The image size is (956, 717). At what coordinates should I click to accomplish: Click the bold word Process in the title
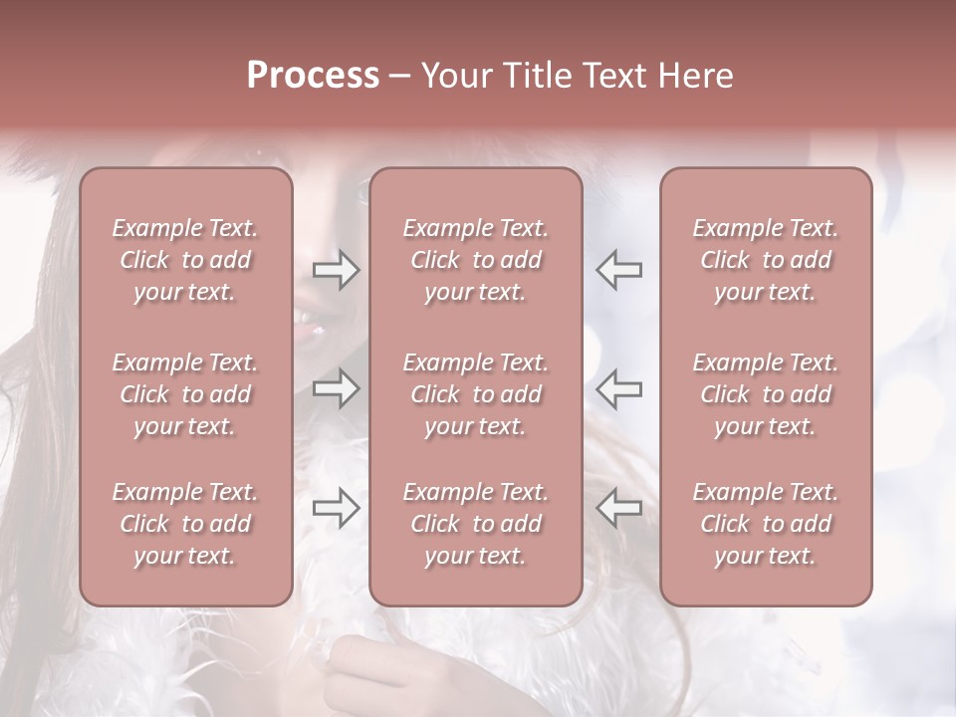coord(313,76)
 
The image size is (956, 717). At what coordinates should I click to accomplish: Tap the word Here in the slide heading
coord(694,76)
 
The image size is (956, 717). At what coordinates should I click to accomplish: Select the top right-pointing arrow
coord(337,270)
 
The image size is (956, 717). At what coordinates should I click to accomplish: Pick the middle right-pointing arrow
coord(337,388)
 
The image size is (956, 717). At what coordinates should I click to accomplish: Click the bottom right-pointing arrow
coord(337,507)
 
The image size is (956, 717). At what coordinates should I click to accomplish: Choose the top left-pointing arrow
coord(619,270)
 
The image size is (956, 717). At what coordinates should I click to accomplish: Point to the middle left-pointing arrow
coord(619,388)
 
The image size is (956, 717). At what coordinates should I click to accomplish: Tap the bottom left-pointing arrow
coord(619,507)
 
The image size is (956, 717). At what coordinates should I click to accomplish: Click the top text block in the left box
coord(185,260)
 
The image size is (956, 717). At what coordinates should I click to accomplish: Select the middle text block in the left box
coord(185,394)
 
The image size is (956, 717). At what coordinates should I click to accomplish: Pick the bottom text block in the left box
coord(185,524)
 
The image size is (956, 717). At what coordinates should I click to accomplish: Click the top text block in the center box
coord(476,260)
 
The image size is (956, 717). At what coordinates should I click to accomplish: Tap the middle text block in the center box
coord(476,394)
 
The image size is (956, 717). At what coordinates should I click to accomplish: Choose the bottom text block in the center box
coord(476,524)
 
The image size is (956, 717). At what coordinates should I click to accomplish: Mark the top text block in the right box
coord(766,260)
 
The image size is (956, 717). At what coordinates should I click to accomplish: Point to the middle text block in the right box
coord(766,394)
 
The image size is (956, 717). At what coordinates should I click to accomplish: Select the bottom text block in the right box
coord(766,524)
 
